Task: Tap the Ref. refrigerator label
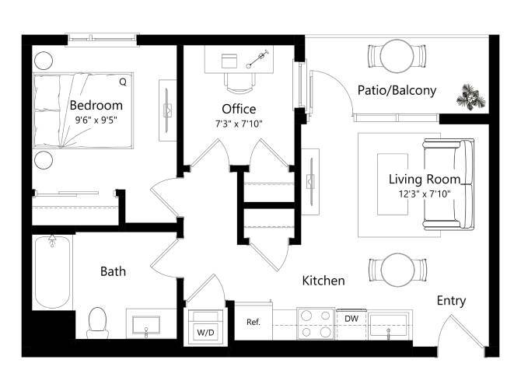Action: pyautogui.click(x=253, y=322)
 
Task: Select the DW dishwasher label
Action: pyautogui.click(x=351, y=317)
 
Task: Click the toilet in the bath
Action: pyautogui.click(x=98, y=322)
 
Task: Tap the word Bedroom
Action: pyautogui.click(x=96, y=106)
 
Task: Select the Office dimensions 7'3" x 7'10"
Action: pyautogui.click(x=239, y=123)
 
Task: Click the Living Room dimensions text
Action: pyautogui.click(x=425, y=194)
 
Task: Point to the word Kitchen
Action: pyautogui.click(x=323, y=281)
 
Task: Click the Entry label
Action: pyautogui.click(x=452, y=301)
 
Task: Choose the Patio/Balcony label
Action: pyautogui.click(x=397, y=91)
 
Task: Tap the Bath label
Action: pyautogui.click(x=113, y=271)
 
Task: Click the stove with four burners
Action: pyautogui.click(x=316, y=324)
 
